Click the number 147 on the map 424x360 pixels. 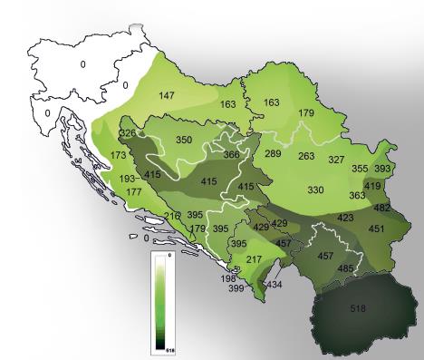pyautogui.click(x=168, y=95)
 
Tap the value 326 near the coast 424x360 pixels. pyautogui.click(x=127, y=134)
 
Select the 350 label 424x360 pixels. pyautogui.click(x=184, y=140)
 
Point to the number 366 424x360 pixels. pyautogui.click(x=232, y=155)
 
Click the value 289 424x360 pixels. pyautogui.click(x=273, y=154)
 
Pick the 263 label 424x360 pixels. pyautogui.click(x=306, y=156)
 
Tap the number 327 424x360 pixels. pyautogui.click(x=336, y=160)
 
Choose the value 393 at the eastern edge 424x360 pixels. pyautogui.click(x=383, y=169)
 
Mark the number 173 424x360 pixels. pyautogui.click(x=119, y=156)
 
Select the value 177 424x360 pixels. pyautogui.click(x=134, y=192)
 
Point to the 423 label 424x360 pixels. pyautogui.click(x=345, y=218)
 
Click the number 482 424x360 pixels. pyautogui.click(x=382, y=208)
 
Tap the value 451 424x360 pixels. pyautogui.click(x=376, y=229)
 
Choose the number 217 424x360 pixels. pyautogui.click(x=254, y=260)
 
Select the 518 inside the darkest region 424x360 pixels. pyautogui.click(x=358, y=309)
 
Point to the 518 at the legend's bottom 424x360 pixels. pyautogui.click(x=167, y=347)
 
